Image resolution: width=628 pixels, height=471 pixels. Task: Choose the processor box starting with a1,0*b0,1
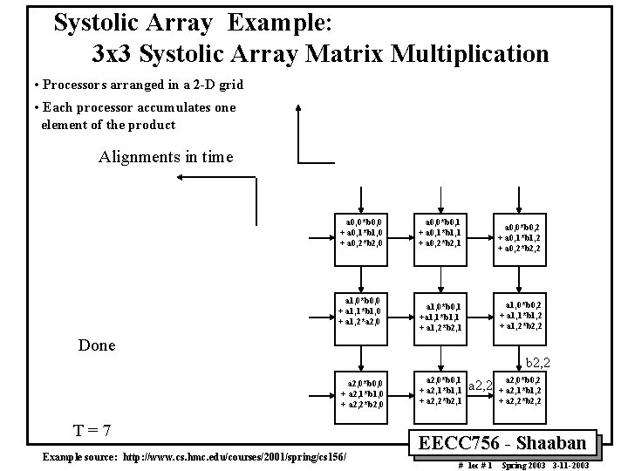[x=444, y=315]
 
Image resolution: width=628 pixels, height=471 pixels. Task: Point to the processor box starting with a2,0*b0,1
[x=444, y=390]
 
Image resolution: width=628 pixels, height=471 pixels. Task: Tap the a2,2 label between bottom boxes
[x=481, y=386]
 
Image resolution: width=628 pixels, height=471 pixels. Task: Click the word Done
[x=97, y=345]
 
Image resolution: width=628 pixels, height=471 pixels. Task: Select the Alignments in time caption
[x=166, y=157]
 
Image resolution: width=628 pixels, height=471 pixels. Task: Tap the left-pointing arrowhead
[x=180, y=177]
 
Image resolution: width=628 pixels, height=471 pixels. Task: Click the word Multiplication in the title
[x=471, y=54]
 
